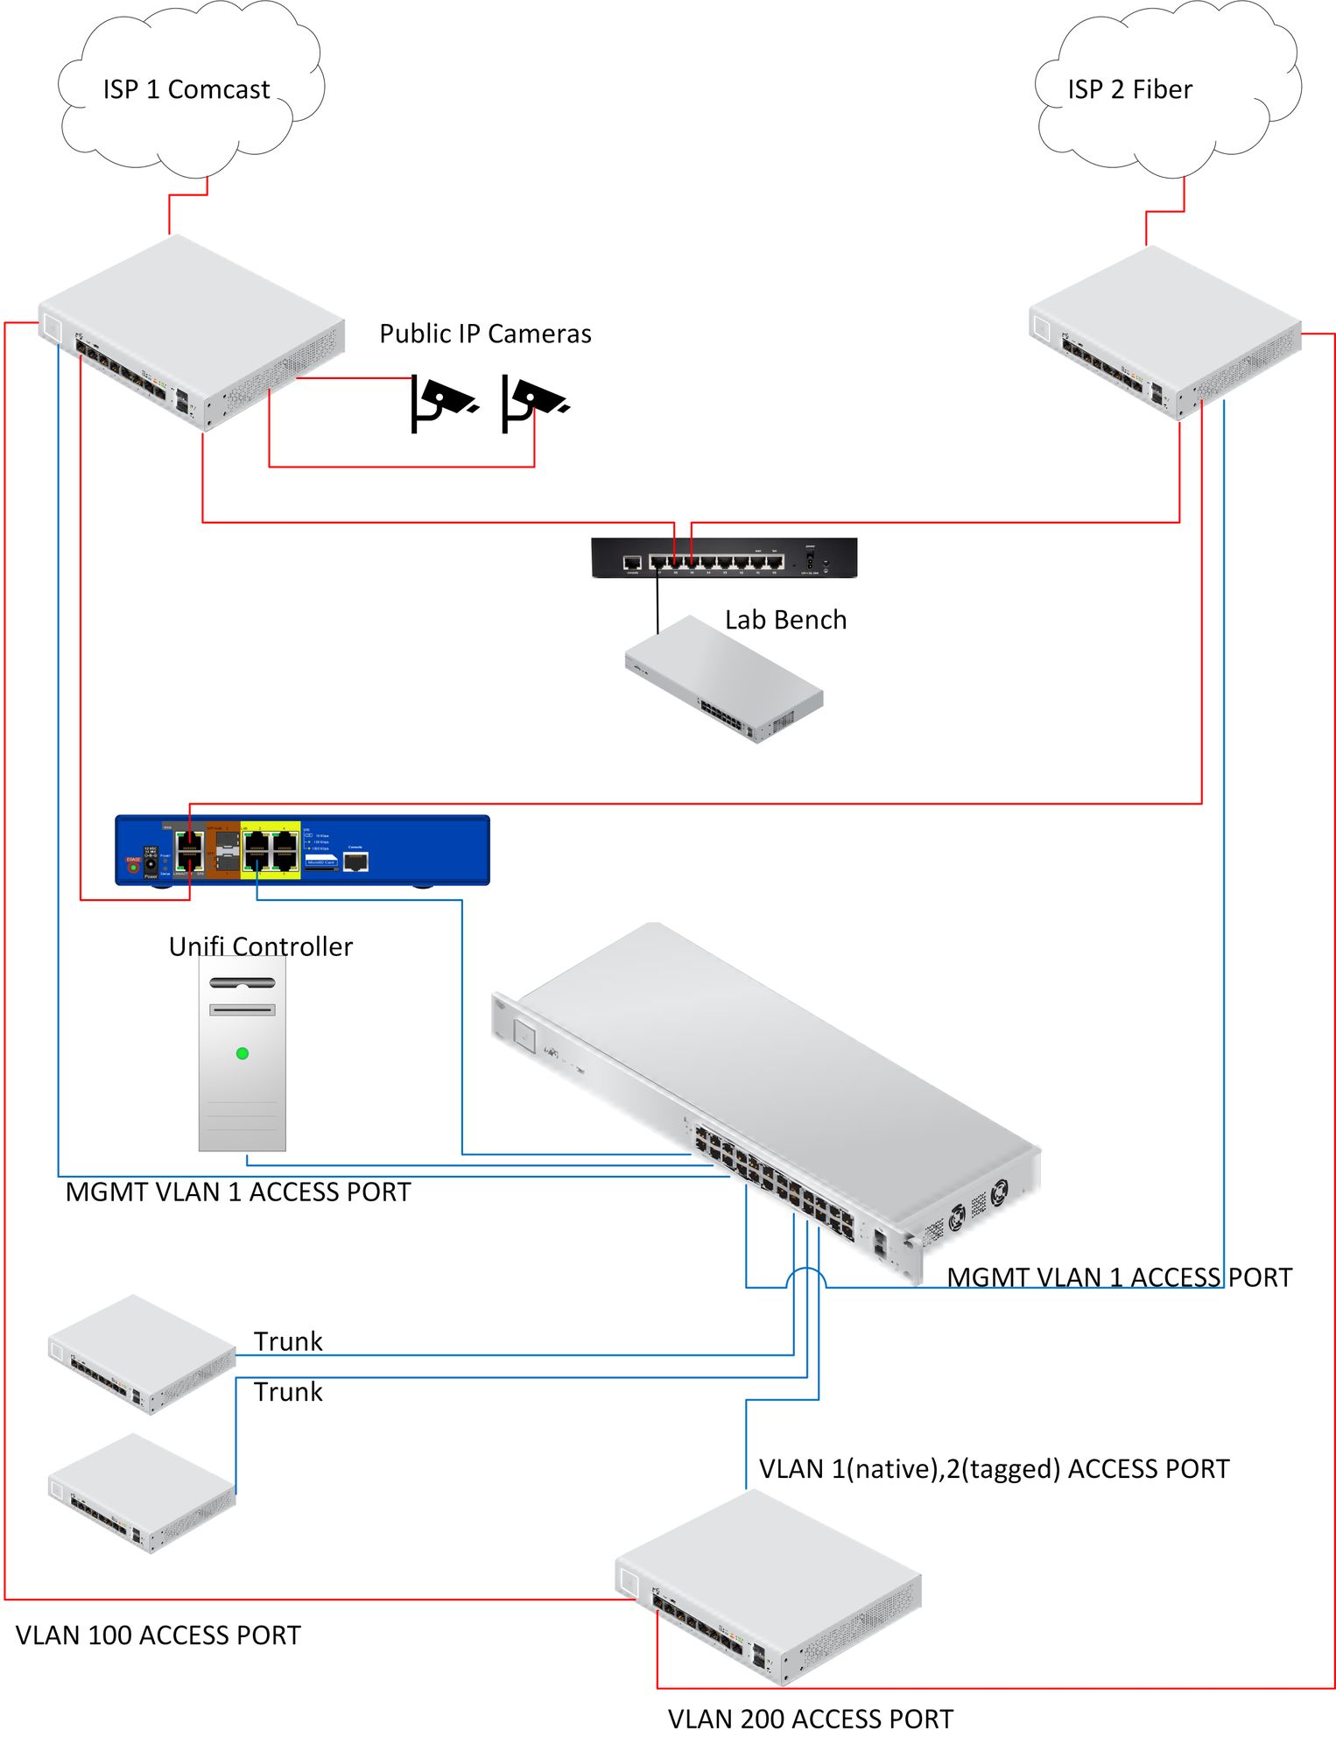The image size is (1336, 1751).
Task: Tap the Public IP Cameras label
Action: [485, 334]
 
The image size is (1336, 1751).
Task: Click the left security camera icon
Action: [442, 402]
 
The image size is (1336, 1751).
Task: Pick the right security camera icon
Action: [533, 402]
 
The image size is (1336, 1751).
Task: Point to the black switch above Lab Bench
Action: [724, 558]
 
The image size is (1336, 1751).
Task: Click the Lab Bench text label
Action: [785, 620]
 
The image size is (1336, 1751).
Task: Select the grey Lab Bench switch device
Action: [724, 679]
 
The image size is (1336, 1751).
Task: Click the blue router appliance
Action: [302, 850]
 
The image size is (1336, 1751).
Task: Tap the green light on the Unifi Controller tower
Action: [243, 1053]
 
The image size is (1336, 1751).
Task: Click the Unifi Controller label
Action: [261, 946]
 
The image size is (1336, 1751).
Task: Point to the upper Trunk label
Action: [288, 1341]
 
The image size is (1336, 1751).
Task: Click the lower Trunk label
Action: [288, 1392]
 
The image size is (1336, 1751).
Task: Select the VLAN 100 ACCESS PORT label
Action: [158, 1635]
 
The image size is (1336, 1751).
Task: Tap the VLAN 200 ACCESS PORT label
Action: [810, 1719]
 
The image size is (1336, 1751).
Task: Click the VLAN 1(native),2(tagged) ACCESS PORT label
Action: [994, 1469]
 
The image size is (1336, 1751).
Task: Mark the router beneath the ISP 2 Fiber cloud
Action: [1165, 334]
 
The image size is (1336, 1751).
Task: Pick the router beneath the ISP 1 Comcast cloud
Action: [191, 333]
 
